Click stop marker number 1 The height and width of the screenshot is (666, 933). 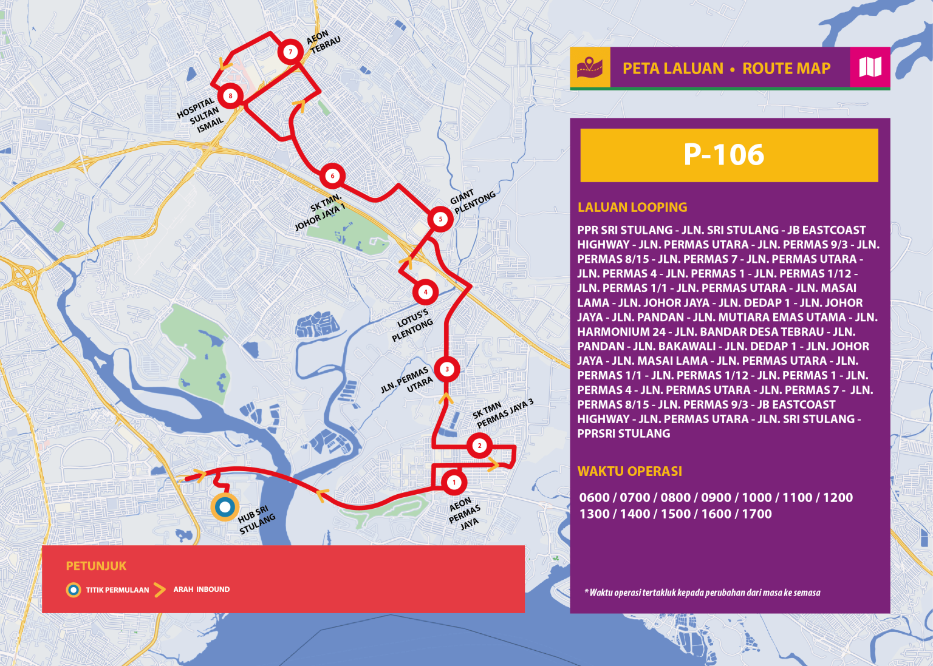pyautogui.click(x=454, y=483)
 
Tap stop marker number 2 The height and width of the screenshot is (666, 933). pyautogui.click(x=479, y=446)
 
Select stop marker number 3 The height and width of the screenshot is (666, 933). pyautogui.click(x=447, y=369)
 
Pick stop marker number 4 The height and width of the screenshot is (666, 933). pyautogui.click(x=425, y=292)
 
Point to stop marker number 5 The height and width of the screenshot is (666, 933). pyautogui.click(x=440, y=219)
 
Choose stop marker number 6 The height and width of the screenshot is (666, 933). pyautogui.click(x=332, y=176)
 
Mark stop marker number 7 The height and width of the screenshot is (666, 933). pyautogui.click(x=290, y=52)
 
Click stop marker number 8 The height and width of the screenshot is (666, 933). pyautogui.click(x=230, y=95)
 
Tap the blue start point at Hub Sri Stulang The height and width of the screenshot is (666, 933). pyautogui.click(x=225, y=506)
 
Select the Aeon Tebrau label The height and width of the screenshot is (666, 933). pyautogui.click(x=323, y=41)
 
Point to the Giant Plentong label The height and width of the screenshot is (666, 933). pyautogui.click(x=473, y=201)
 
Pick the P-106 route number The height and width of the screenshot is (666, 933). pyautogui.click(x=723, y=155)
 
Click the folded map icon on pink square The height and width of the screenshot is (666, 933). pyautogui.click(x=870, y=67)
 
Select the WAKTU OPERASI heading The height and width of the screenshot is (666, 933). pyautogui.click(x=629, y=471)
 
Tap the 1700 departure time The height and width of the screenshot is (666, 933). pyautogui.click(x=756, y=514)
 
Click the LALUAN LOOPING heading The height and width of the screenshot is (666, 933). pyautogui.click(x=632, y=207)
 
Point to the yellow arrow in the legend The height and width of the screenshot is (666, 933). pyautogui.click(x=159, y=590)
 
